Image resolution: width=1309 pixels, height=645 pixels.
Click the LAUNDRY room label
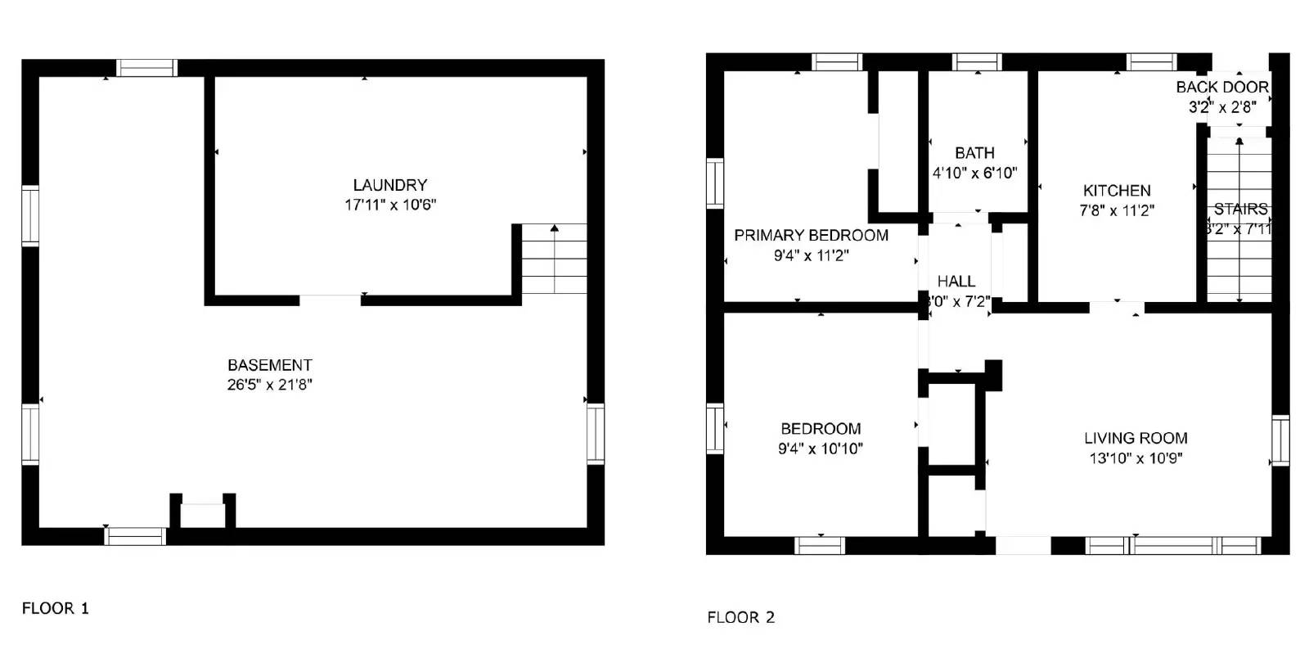(x=389, y=185)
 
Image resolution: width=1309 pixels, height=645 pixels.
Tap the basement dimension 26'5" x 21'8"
(x=269, y=385)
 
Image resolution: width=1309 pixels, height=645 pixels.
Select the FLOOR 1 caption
(x=55, y=608)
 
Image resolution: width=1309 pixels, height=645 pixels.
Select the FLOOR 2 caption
(x=740, y=617)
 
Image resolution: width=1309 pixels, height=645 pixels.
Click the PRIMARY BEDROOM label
(x=811, y=236)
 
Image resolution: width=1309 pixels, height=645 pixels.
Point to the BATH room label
(x=974, y=153)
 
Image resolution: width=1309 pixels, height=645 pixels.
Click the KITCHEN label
(x=1117, y=191)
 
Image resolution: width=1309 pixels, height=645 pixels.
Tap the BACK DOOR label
(x=1222, y=87)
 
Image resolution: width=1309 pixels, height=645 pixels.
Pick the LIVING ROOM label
(x=1136, y=438)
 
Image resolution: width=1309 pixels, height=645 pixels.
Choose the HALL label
(x=956, y=281)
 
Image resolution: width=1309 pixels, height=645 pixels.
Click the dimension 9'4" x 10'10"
(x=820, y=449)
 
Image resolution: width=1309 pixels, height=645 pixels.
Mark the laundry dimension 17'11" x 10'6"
(x=389, y=205)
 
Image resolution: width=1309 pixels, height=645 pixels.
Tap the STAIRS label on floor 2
(x=1240, y=210)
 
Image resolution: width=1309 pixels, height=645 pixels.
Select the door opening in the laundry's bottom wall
(x=330, y=300)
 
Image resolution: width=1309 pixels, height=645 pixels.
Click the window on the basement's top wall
(x=146, y=68)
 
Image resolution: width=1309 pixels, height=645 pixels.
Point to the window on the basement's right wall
(x=596, y=434)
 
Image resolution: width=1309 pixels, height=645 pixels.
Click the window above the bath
(x=977, y=62)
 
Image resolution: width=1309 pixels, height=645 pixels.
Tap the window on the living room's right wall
(x=1280, y=440)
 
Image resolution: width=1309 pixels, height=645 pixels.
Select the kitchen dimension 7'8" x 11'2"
(x=1117, y=210)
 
